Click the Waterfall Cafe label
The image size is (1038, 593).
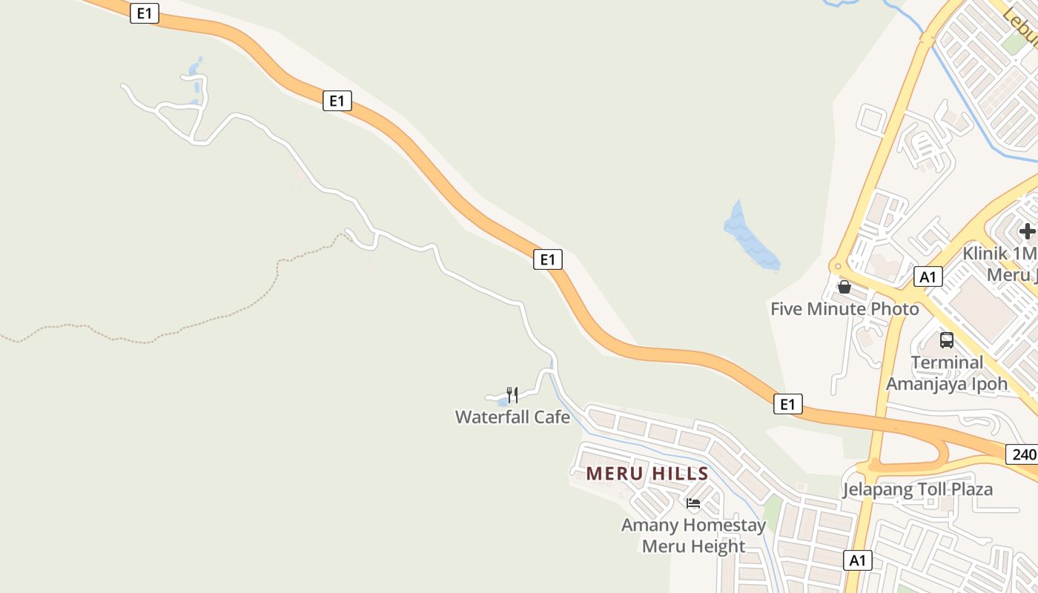pyautogui.click(x=512, y=417)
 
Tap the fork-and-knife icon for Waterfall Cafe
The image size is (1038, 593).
pyautogui.click(x=512, y=394)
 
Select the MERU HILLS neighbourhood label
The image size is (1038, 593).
pyautogui.click(x=647, y=474)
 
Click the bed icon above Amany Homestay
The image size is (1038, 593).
pyautogui.click(x=693, y=503)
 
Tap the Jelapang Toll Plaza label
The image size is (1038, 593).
pyautogui.click(x=917, y=489)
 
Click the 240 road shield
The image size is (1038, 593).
pyautogui.click(x=1023, y=454)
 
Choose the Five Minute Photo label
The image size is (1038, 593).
pyautogui.click(x=844, y=308)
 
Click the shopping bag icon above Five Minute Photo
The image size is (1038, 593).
pyautogui.click(x=844, y=287)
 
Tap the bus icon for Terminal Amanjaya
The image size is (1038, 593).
pyautogui.click(x=947, y=340)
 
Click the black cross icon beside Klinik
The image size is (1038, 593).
pyautogui.click(x=1027, y=231)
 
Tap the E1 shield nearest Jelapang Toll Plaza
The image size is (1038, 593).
pyautogui.click(x=787, y=404)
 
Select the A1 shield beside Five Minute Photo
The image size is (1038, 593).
pyautogui.click(x=928, y=276)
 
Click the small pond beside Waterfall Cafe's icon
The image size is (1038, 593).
pyautogui.click(x=503, y=402)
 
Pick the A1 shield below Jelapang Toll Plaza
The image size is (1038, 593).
pyautogui.click(x=858, y=560)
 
